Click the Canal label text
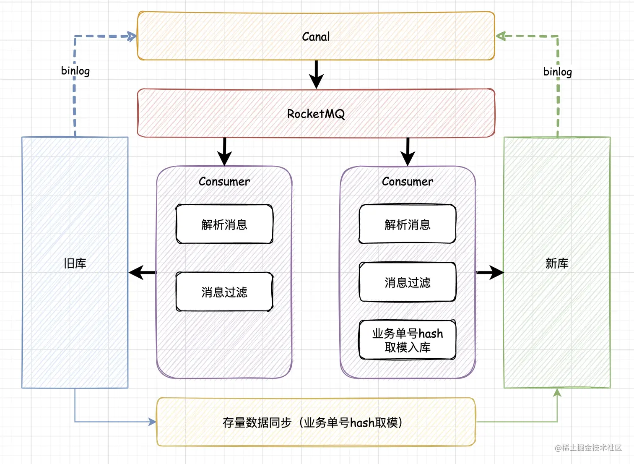(x=316, y=36)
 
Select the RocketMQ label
(x=316, y=114)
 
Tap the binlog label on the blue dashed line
(x=75, y=71)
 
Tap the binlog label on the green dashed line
(x=558, y=72)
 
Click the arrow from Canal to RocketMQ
(x=316, y=74)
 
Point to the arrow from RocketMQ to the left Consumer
(x=224, y=152)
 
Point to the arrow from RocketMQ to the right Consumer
(x=408, y=152)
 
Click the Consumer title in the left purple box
(x=224, y=182)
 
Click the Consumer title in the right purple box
(x=408, y=182)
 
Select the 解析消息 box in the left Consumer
(x=224, y=224)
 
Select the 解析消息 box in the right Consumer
(x=408, y=224)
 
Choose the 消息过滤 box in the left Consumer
(x=224, y=292)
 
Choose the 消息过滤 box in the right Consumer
(x=408, y=282)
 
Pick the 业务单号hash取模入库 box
(x=408, y=340)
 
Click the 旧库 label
(x=75, y=263)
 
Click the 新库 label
(x=557, y=263)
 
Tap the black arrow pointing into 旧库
(x=143, y=272)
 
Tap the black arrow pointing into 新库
(x=490, y=272)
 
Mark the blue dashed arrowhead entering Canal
(x=131, y=36)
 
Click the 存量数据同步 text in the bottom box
(x=257, y=422)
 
